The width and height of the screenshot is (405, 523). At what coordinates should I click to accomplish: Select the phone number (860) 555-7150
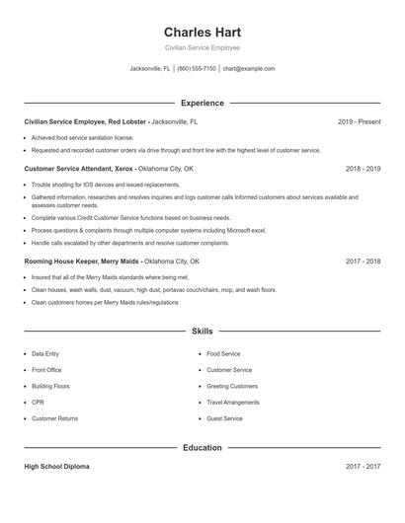(x=197, y=69)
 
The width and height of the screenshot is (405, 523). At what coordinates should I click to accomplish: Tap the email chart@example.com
(x=249, y=69)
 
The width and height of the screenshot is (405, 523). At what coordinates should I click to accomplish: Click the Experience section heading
(x=202, y=103)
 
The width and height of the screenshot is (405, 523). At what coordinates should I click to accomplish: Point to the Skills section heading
(x=202, y=332)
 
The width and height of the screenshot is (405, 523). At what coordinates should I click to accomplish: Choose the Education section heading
(x=202, y=448)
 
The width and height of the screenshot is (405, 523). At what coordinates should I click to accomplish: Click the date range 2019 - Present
(x=359, y=121)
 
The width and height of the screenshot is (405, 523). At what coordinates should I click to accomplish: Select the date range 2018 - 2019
(x=363, y=169)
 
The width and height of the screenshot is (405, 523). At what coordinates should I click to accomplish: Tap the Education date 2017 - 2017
(x=363, y=467)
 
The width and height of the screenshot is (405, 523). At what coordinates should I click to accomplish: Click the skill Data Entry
(x=45, y=353)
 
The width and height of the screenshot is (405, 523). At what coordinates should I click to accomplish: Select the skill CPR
(x=38, y=403)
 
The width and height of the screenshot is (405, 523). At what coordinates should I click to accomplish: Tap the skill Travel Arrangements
(x=233, y=403)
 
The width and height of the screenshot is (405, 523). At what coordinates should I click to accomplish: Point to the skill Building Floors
(x=50, y=386)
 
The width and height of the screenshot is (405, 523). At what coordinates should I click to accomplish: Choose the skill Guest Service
(x=224, y=418)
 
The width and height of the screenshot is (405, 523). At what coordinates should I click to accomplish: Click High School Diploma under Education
(x=56, y=467)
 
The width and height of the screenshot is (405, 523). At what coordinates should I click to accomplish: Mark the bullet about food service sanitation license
(x=82, y=138)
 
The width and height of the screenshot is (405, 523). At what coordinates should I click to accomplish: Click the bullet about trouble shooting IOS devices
(x=92, y=185)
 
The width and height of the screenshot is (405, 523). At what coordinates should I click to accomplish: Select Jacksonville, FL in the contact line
(x=150, y=69)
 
